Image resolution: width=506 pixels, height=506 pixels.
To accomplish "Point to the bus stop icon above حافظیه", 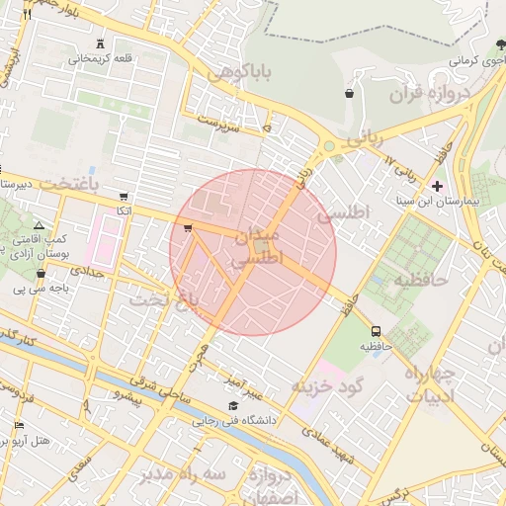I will [x=376, y=331].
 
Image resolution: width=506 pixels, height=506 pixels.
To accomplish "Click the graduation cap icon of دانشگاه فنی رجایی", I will [x=233, y=405].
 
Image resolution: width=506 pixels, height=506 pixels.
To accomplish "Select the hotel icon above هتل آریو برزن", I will [x=20, y=425].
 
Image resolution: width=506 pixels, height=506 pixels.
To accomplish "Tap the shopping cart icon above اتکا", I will [x=123, y=197].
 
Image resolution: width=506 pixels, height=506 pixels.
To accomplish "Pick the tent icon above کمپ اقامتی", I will [x=39, y=225].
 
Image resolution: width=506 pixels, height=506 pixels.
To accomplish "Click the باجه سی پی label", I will [x=35, y=290].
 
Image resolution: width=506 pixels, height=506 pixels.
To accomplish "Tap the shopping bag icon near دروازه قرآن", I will [x=349, y=94].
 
